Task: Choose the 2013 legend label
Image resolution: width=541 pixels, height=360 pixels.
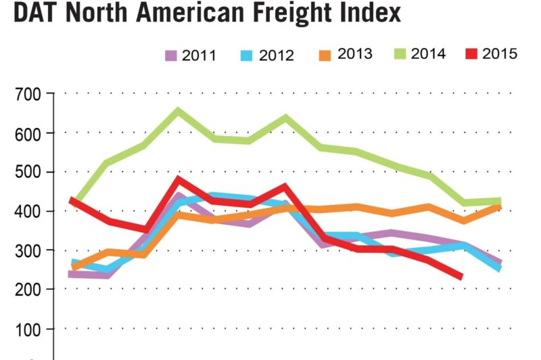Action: point(355,54)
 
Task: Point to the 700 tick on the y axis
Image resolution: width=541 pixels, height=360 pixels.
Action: point(28,94)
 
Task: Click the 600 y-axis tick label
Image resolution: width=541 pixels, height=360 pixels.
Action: point(28,133)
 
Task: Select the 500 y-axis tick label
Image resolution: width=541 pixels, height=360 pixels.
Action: point(28,173)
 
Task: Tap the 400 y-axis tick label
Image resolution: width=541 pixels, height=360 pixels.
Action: point(28,212)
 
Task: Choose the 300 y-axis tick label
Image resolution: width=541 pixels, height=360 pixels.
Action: point(28,251)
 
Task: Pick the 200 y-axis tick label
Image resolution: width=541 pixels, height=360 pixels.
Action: point(28,290)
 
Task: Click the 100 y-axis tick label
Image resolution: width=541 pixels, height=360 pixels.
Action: point(28,330)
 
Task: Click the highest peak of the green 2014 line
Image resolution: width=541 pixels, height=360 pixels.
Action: point(179,110)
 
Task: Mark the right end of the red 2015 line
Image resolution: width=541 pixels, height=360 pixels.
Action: point(461,276)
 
